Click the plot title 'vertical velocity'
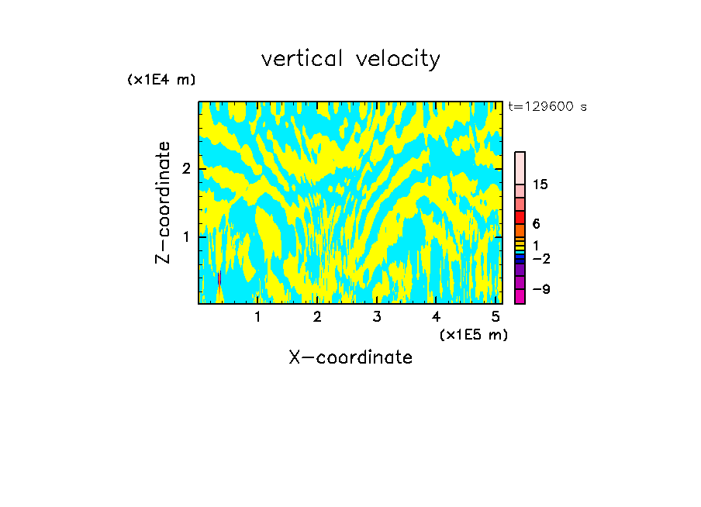click(350, 59)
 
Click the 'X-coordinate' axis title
click(350, 357)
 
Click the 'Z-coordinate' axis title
click(163, 202)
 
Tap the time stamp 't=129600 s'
click(547, 107)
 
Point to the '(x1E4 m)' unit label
click(161, 80)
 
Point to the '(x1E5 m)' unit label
click(473, 334)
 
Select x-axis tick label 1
click(257, 316)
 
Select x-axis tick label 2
click(317, 316)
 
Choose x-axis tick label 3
click(377, 316)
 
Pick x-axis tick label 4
click(436, 316)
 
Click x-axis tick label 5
click(496, 316)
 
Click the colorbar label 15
click(541, 185)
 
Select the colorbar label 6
click(536, 223)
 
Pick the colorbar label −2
click(541, 258)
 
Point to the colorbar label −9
click(541, 289)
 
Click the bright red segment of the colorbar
click(520, 217)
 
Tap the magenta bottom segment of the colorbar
click(520, 296)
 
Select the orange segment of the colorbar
click(520, 230)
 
